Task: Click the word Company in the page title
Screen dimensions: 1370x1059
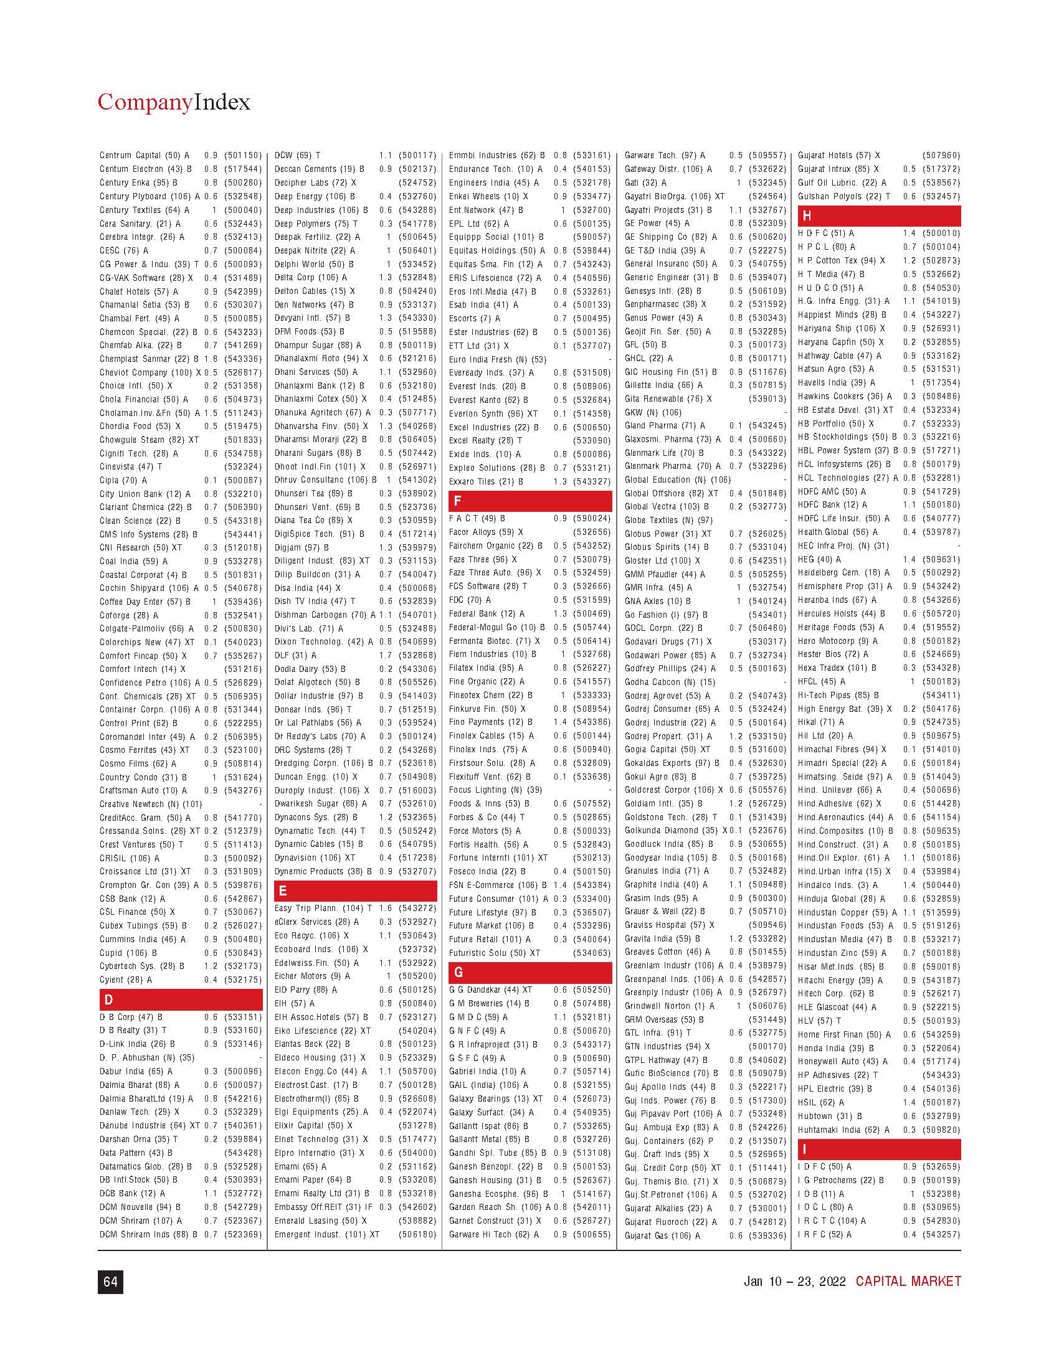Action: click(145, 102)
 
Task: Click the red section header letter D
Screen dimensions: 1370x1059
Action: click(109, 999)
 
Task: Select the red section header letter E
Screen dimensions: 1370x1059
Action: click(283, 890)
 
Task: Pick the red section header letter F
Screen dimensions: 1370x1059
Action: click(457, 501)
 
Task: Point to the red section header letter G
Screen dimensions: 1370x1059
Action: click(458, 972)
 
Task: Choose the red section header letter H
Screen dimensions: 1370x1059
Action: click(807, 216)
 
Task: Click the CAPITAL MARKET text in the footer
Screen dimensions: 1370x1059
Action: click(908, 1281)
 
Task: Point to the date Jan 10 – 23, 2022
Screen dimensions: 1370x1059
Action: click(794, 1281)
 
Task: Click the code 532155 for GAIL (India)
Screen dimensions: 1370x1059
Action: click(592, 1085)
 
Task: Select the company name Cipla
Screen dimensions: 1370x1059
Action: click(109, 481)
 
